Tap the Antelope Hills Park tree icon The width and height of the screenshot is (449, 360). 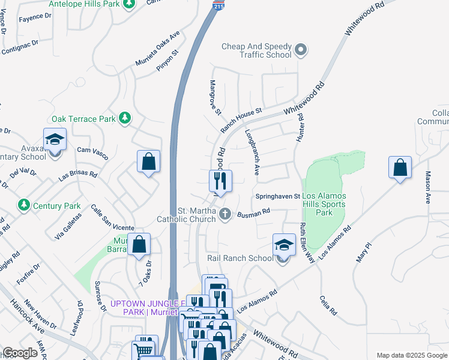(128, 5)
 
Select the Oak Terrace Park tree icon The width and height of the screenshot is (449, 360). (125, 118)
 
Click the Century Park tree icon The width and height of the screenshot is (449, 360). (24, 205)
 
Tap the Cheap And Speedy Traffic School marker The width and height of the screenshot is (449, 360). (301, 50)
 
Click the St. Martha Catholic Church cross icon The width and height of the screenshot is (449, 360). (225, 214)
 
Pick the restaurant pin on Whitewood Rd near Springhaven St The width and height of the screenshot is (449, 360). (220, 179)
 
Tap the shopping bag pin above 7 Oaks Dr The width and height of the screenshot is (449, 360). (139, 245)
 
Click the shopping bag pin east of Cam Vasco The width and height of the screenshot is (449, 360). (148, 162)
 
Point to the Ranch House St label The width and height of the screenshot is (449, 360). (241, 120)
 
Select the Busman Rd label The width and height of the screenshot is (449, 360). (254, 212)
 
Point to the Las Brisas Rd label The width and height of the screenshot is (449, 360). (77, 175)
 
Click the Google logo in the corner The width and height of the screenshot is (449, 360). (20, 353)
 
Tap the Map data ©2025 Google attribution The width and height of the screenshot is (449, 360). (411, 355)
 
